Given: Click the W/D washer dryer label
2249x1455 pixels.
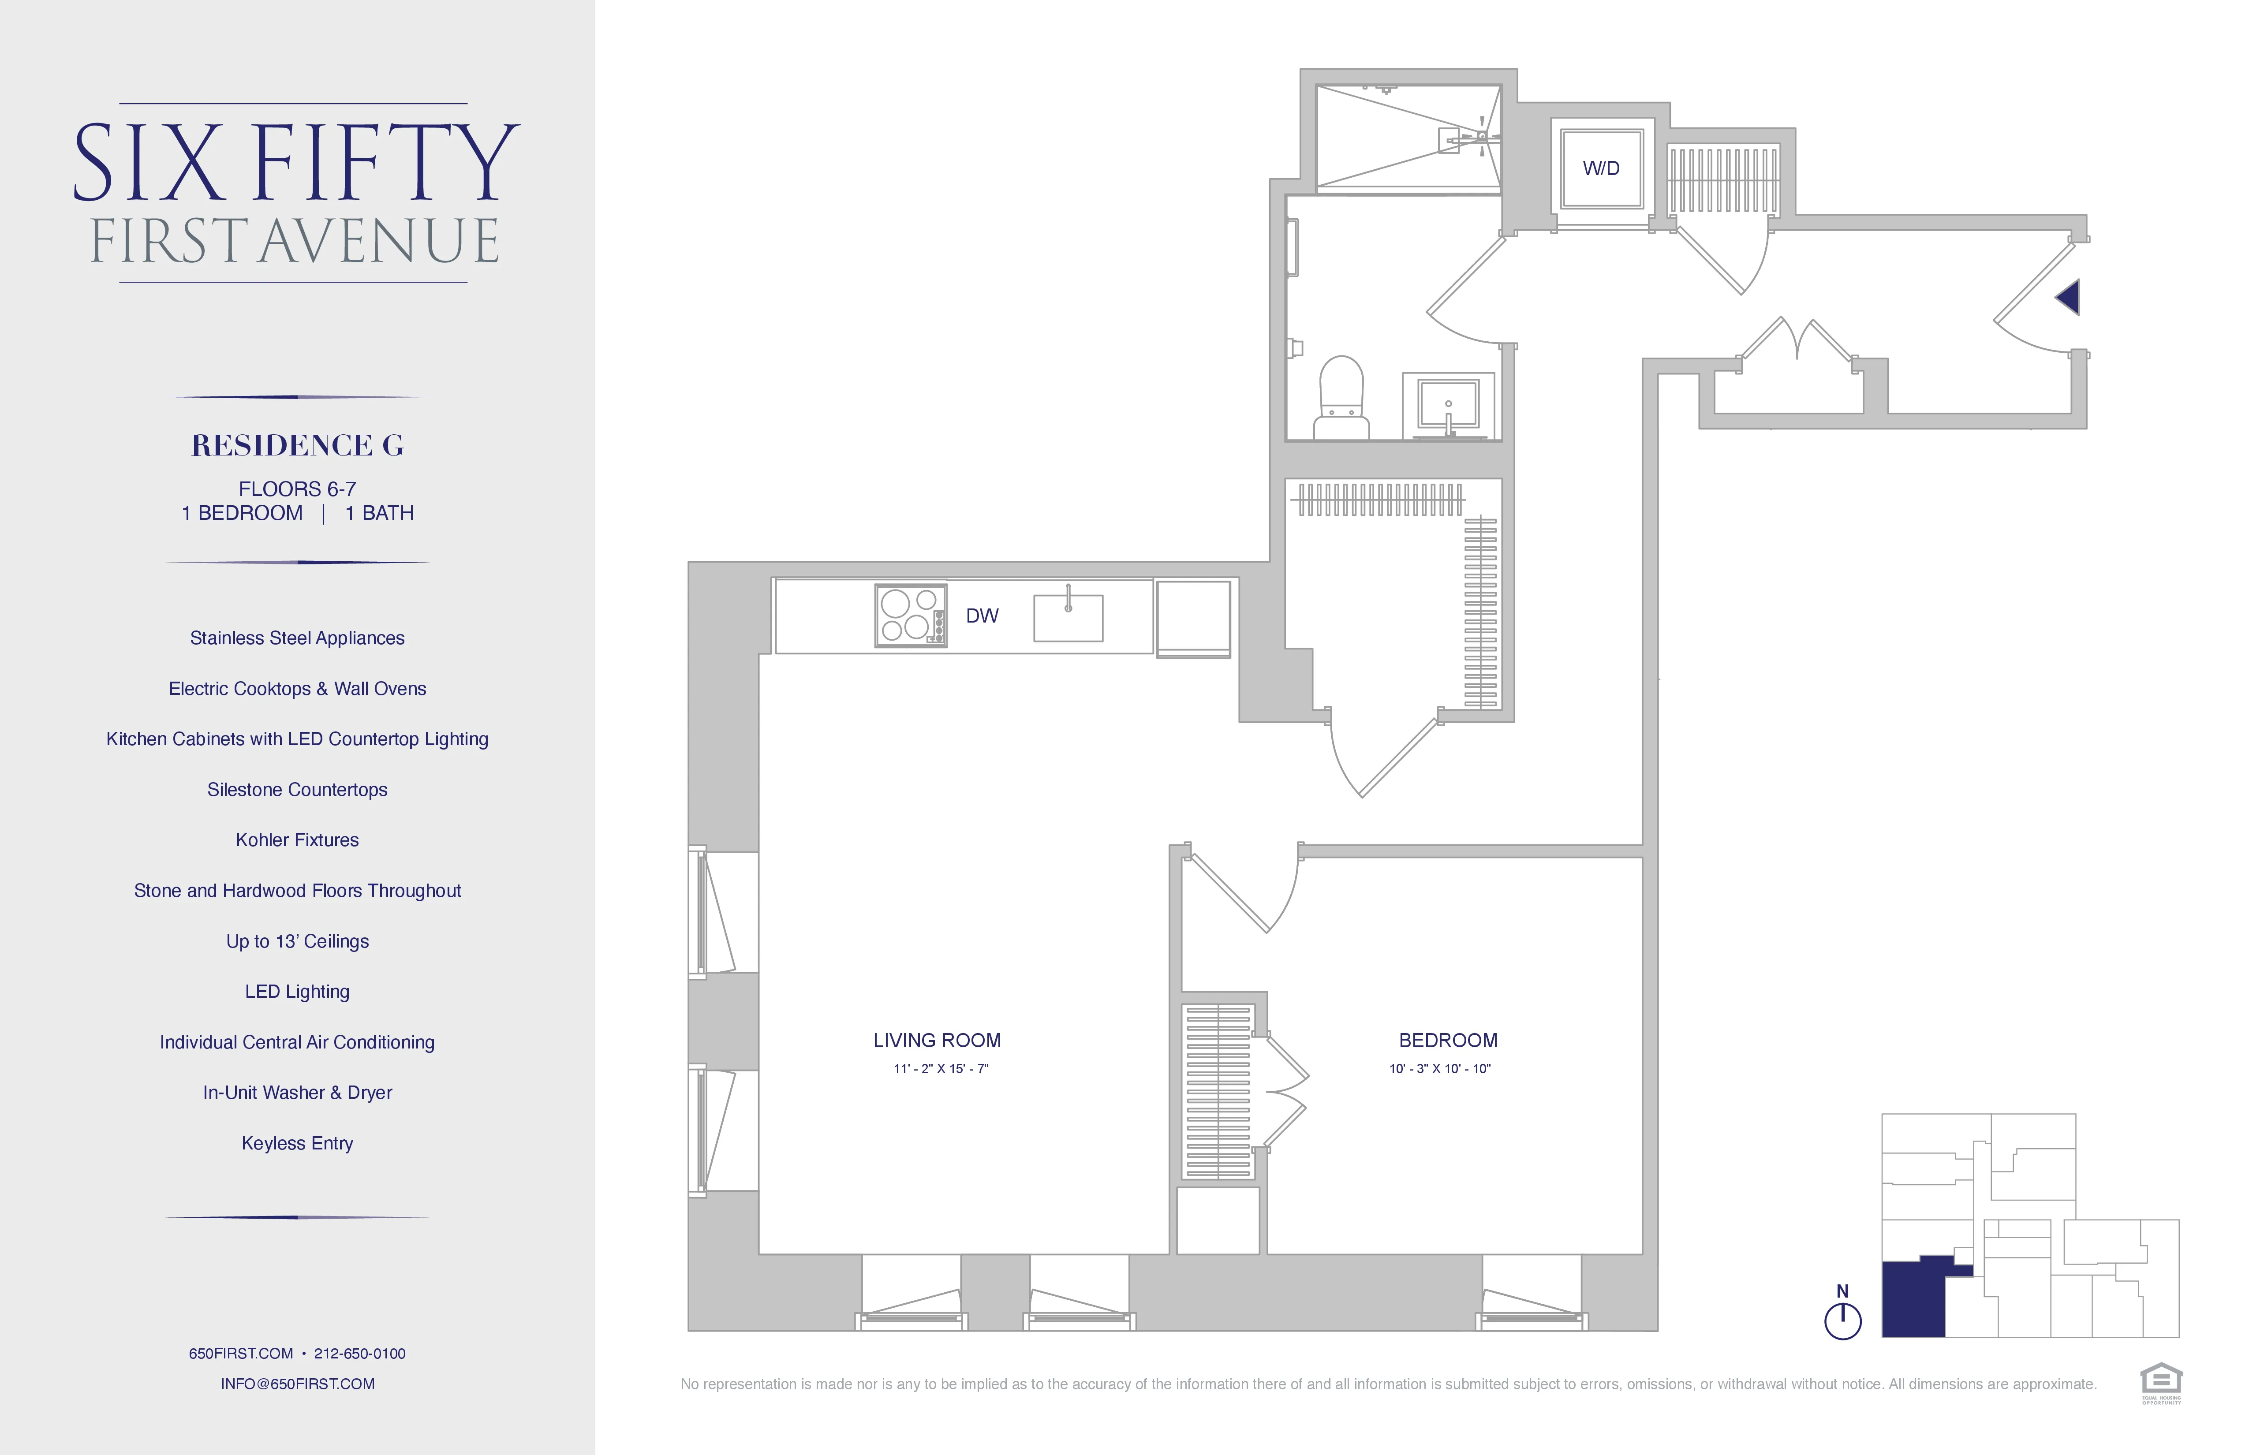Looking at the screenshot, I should pos(1601,168).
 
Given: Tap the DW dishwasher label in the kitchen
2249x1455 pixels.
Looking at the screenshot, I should pos(982,616).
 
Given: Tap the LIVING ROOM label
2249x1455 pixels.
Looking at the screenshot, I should pos(937,1040).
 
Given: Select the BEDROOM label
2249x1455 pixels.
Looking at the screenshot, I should pos(1448,1040).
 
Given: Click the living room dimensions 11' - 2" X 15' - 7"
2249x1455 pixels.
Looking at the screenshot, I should pos(940,1069).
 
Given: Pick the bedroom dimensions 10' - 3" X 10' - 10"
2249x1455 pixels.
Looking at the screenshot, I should pos(1439,1069).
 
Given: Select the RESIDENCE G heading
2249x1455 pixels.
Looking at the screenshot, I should pos(298,445).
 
